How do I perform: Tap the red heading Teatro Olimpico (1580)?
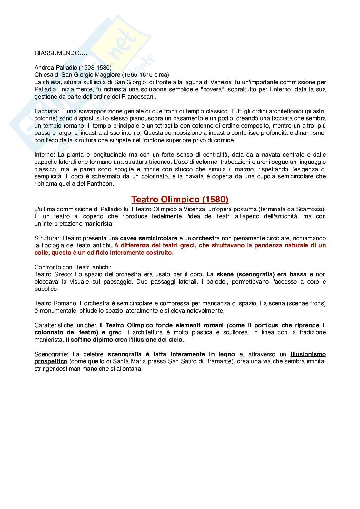[x=180, y=200]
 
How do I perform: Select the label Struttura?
[x=47, y=238]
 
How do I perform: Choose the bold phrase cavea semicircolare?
[x=149, y=238]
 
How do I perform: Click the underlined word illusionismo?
[x=308, y=354]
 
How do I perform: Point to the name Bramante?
[x=218, y=361]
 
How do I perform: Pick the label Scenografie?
[x=51, y=354]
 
